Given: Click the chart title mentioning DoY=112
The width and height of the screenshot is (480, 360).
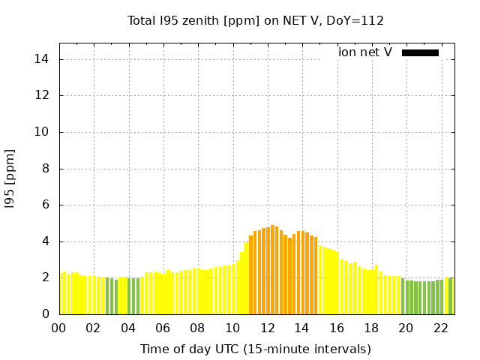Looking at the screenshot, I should [x=255, y=20].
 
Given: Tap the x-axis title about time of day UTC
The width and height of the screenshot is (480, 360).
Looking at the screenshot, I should [x=255, y=349].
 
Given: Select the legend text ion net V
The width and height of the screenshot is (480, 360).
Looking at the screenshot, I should [x=364, y=52].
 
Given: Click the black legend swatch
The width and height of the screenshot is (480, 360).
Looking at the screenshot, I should [x=420, y=52].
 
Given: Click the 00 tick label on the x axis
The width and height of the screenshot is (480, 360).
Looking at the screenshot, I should [x=58, y=328].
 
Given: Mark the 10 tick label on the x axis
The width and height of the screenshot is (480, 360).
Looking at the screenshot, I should [x=232, y=328].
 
